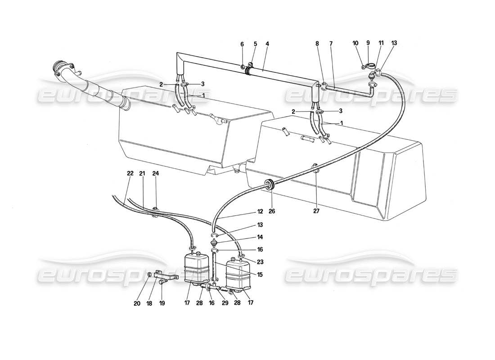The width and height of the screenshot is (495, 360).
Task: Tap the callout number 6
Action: [242, 44]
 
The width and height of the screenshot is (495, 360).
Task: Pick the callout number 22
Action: [130, 173]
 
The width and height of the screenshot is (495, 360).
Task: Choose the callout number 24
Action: [155, 173]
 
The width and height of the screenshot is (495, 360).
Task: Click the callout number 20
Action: [137, 303]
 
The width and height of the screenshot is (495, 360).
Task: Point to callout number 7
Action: [332, 44]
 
